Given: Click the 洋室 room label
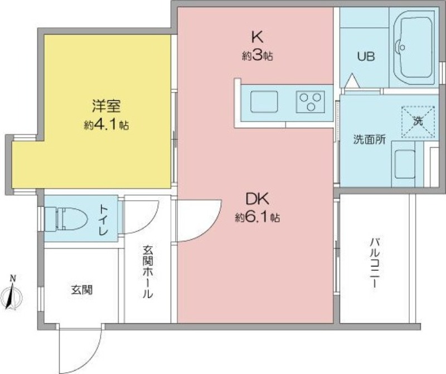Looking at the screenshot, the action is pos(106,106).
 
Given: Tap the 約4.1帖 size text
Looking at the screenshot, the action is pos(106,125).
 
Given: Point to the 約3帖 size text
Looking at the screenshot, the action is pos(258,56).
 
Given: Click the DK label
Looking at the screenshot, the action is pos(258,199).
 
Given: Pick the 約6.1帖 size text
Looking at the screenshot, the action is pos(258,217).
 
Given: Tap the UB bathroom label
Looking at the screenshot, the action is pos(366,57).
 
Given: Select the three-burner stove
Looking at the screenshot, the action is pos(311,101).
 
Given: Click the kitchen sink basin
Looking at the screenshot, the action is pos(264,101).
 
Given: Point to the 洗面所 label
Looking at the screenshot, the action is pos(370,140).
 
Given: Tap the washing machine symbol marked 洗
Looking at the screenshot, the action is pos(418,122).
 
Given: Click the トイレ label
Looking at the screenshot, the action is pos(103,220).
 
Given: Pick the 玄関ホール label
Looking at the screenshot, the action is pos(148,272).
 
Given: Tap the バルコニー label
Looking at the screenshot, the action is pos(374,263).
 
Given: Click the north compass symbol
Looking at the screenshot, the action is pos(11,293).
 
